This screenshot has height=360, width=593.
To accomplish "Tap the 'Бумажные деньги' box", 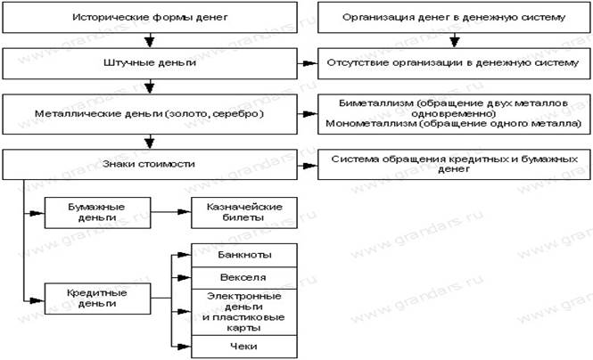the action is click(96, 213).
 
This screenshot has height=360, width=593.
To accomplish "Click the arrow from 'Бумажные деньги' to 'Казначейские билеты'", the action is click(169, 213).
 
